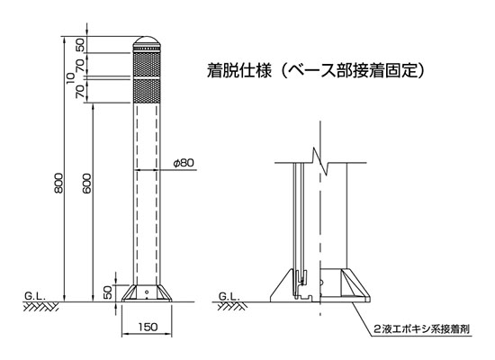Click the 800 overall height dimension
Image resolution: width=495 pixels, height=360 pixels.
pyautogui.click(x=58, y=183)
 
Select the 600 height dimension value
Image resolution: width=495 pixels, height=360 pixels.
pyautogui.click(x=86, y=184)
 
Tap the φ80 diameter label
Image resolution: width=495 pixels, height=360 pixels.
pyautogui.click(x=184, y=163)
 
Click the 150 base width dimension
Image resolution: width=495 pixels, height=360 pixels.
pyautogui.click(x=148, y=327)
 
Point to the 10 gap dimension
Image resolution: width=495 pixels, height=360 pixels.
pyautogui.click(x=71, y=78)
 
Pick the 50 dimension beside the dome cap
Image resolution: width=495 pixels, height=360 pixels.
pyautogui.click(x=80, y=45)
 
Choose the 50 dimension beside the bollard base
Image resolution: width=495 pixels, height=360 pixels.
pyautogui.click(x=108, y=292)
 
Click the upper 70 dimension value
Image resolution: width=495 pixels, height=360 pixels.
pyautogui.click(x=80, y=65)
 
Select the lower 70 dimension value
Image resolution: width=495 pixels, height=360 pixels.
pyautogui.click(x=80, y=91)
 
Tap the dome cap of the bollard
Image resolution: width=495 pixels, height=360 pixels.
pyautogui.click(x=147, y=40)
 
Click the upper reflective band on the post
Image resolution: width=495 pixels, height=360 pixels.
pyautogui.click(x=147, y=65)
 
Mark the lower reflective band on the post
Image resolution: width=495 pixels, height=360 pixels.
pyautogui.click(x=147, y=91)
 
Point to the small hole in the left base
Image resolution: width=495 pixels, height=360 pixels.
pyautogui.click(x=147, y=292)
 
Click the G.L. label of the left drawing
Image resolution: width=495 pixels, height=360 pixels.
pyautogui.click(x=35, y=296)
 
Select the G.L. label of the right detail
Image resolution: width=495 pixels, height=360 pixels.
pyautogui.click(x=229, y=296)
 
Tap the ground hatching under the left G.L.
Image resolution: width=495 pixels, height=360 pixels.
pyautogui.click(x=40, y=307)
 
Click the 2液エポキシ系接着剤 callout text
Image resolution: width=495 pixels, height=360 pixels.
pyautogui.click(x=422, y=329)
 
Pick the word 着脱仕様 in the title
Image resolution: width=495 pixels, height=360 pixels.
pyautogui.click(x=239, y=71)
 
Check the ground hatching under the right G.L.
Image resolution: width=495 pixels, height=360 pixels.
pyautogui.click(x=231, y=306)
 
